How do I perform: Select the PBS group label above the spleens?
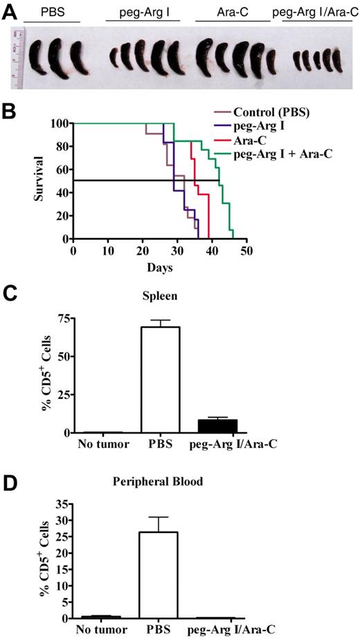pos(51,13)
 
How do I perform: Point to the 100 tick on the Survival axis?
pos(60,123)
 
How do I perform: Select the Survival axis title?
pos(42,181)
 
